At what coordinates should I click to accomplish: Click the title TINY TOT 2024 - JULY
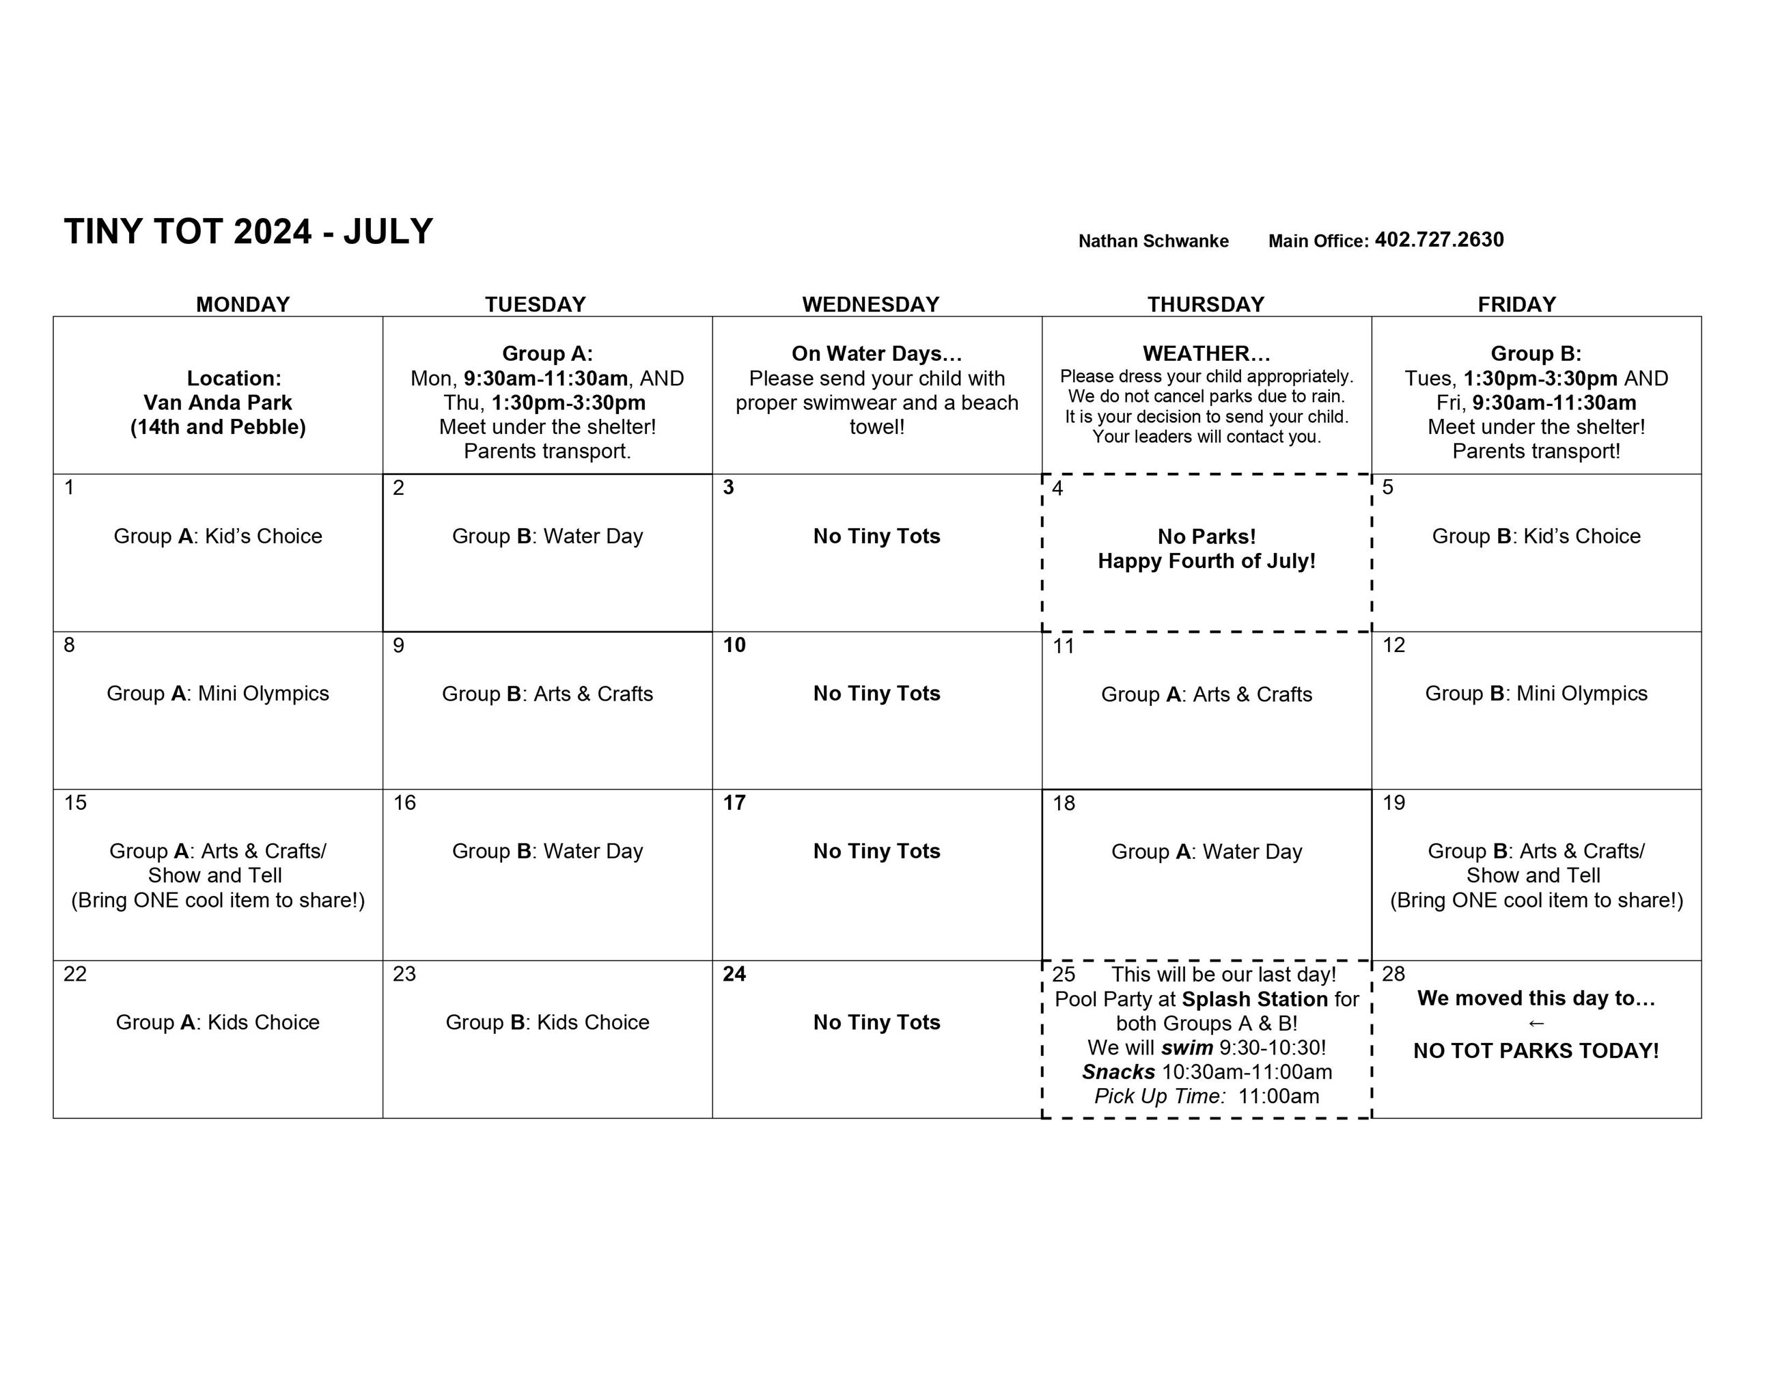(x=248, y=232)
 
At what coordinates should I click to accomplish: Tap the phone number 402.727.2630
(x=1439, y=240)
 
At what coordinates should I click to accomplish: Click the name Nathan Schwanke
(x=1152, y=241)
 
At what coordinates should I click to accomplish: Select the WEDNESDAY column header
(x=870, y=304)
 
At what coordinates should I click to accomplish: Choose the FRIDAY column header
(x=1516, y=304)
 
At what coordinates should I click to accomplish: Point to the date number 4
(x=1057, y=488)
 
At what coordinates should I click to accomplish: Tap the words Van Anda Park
(x=218, y=403)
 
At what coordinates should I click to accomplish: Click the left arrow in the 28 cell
(x=1536, y=1023)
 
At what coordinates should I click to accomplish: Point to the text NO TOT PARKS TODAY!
(x=1536, y=1051)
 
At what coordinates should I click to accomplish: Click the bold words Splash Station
(x=1255, y=999)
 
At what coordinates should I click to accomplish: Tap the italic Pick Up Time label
(x=1160, y=1096)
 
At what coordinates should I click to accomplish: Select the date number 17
(x=734, y=803)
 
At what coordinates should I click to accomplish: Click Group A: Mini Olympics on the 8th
(x=218, y=694)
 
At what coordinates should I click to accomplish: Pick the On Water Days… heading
(x=876, y=354)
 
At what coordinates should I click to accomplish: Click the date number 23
(x=404, y=975)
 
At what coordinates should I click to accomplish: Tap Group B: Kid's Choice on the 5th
(x=1536, y=536)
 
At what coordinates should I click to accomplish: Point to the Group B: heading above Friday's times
(x=1536, y=354)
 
